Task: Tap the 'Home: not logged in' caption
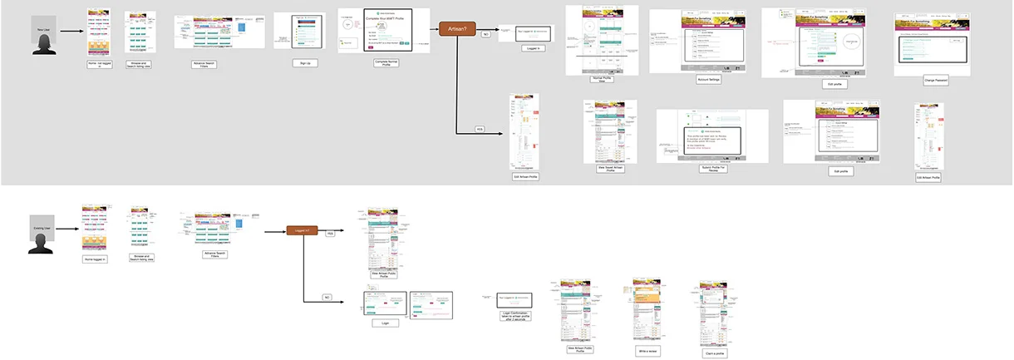(x=98, y=74)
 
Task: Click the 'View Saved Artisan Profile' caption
(x=610, y=167)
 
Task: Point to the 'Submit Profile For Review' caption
(x=711, y=169)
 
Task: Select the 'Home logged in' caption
(x=97, y=259)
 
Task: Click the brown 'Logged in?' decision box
(x=302, y=230)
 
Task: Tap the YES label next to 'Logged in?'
(x=330, y=235)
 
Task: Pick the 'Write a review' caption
(x=647, y=351)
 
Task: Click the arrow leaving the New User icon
(x=72, y=32)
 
